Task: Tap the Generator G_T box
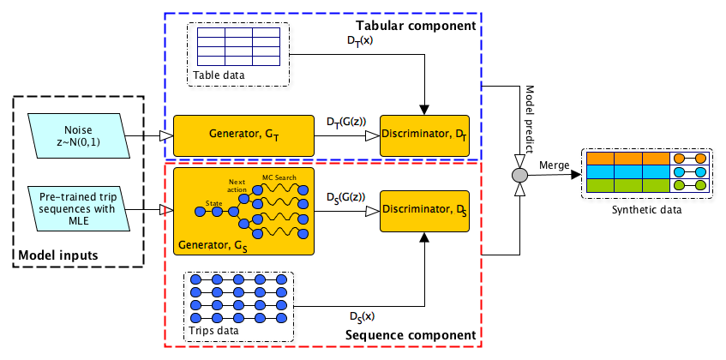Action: [x=244, y=135]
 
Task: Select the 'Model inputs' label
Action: [x=58, y=255]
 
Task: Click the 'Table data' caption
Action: [x=218, y=75]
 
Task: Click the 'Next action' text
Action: [x=237, y=186]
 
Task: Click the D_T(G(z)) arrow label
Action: [x=346, y=123]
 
